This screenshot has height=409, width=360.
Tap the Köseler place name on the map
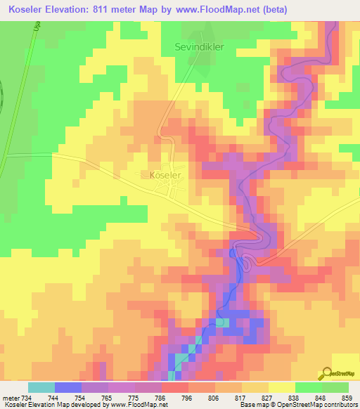tap(166, 174)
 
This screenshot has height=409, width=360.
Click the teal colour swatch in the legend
tap(41, 387)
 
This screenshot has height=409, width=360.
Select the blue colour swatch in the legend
tap(68, 387)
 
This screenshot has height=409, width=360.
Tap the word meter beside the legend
tap(8, 398)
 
